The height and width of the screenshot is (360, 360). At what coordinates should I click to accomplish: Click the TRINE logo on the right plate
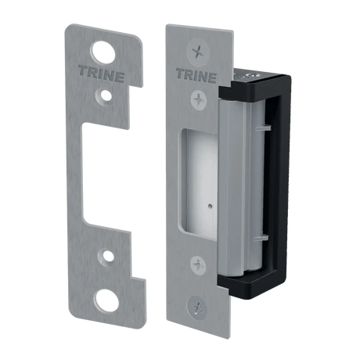click(196, 75)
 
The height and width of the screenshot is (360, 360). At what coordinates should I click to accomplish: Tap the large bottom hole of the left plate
click(106, 301)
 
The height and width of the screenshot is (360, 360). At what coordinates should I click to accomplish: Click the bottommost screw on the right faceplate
click(197, 307)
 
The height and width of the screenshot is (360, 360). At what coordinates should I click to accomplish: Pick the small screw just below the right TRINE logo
click(199, 99)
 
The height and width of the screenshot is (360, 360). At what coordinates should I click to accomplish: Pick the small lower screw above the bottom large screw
click(198, 265)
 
